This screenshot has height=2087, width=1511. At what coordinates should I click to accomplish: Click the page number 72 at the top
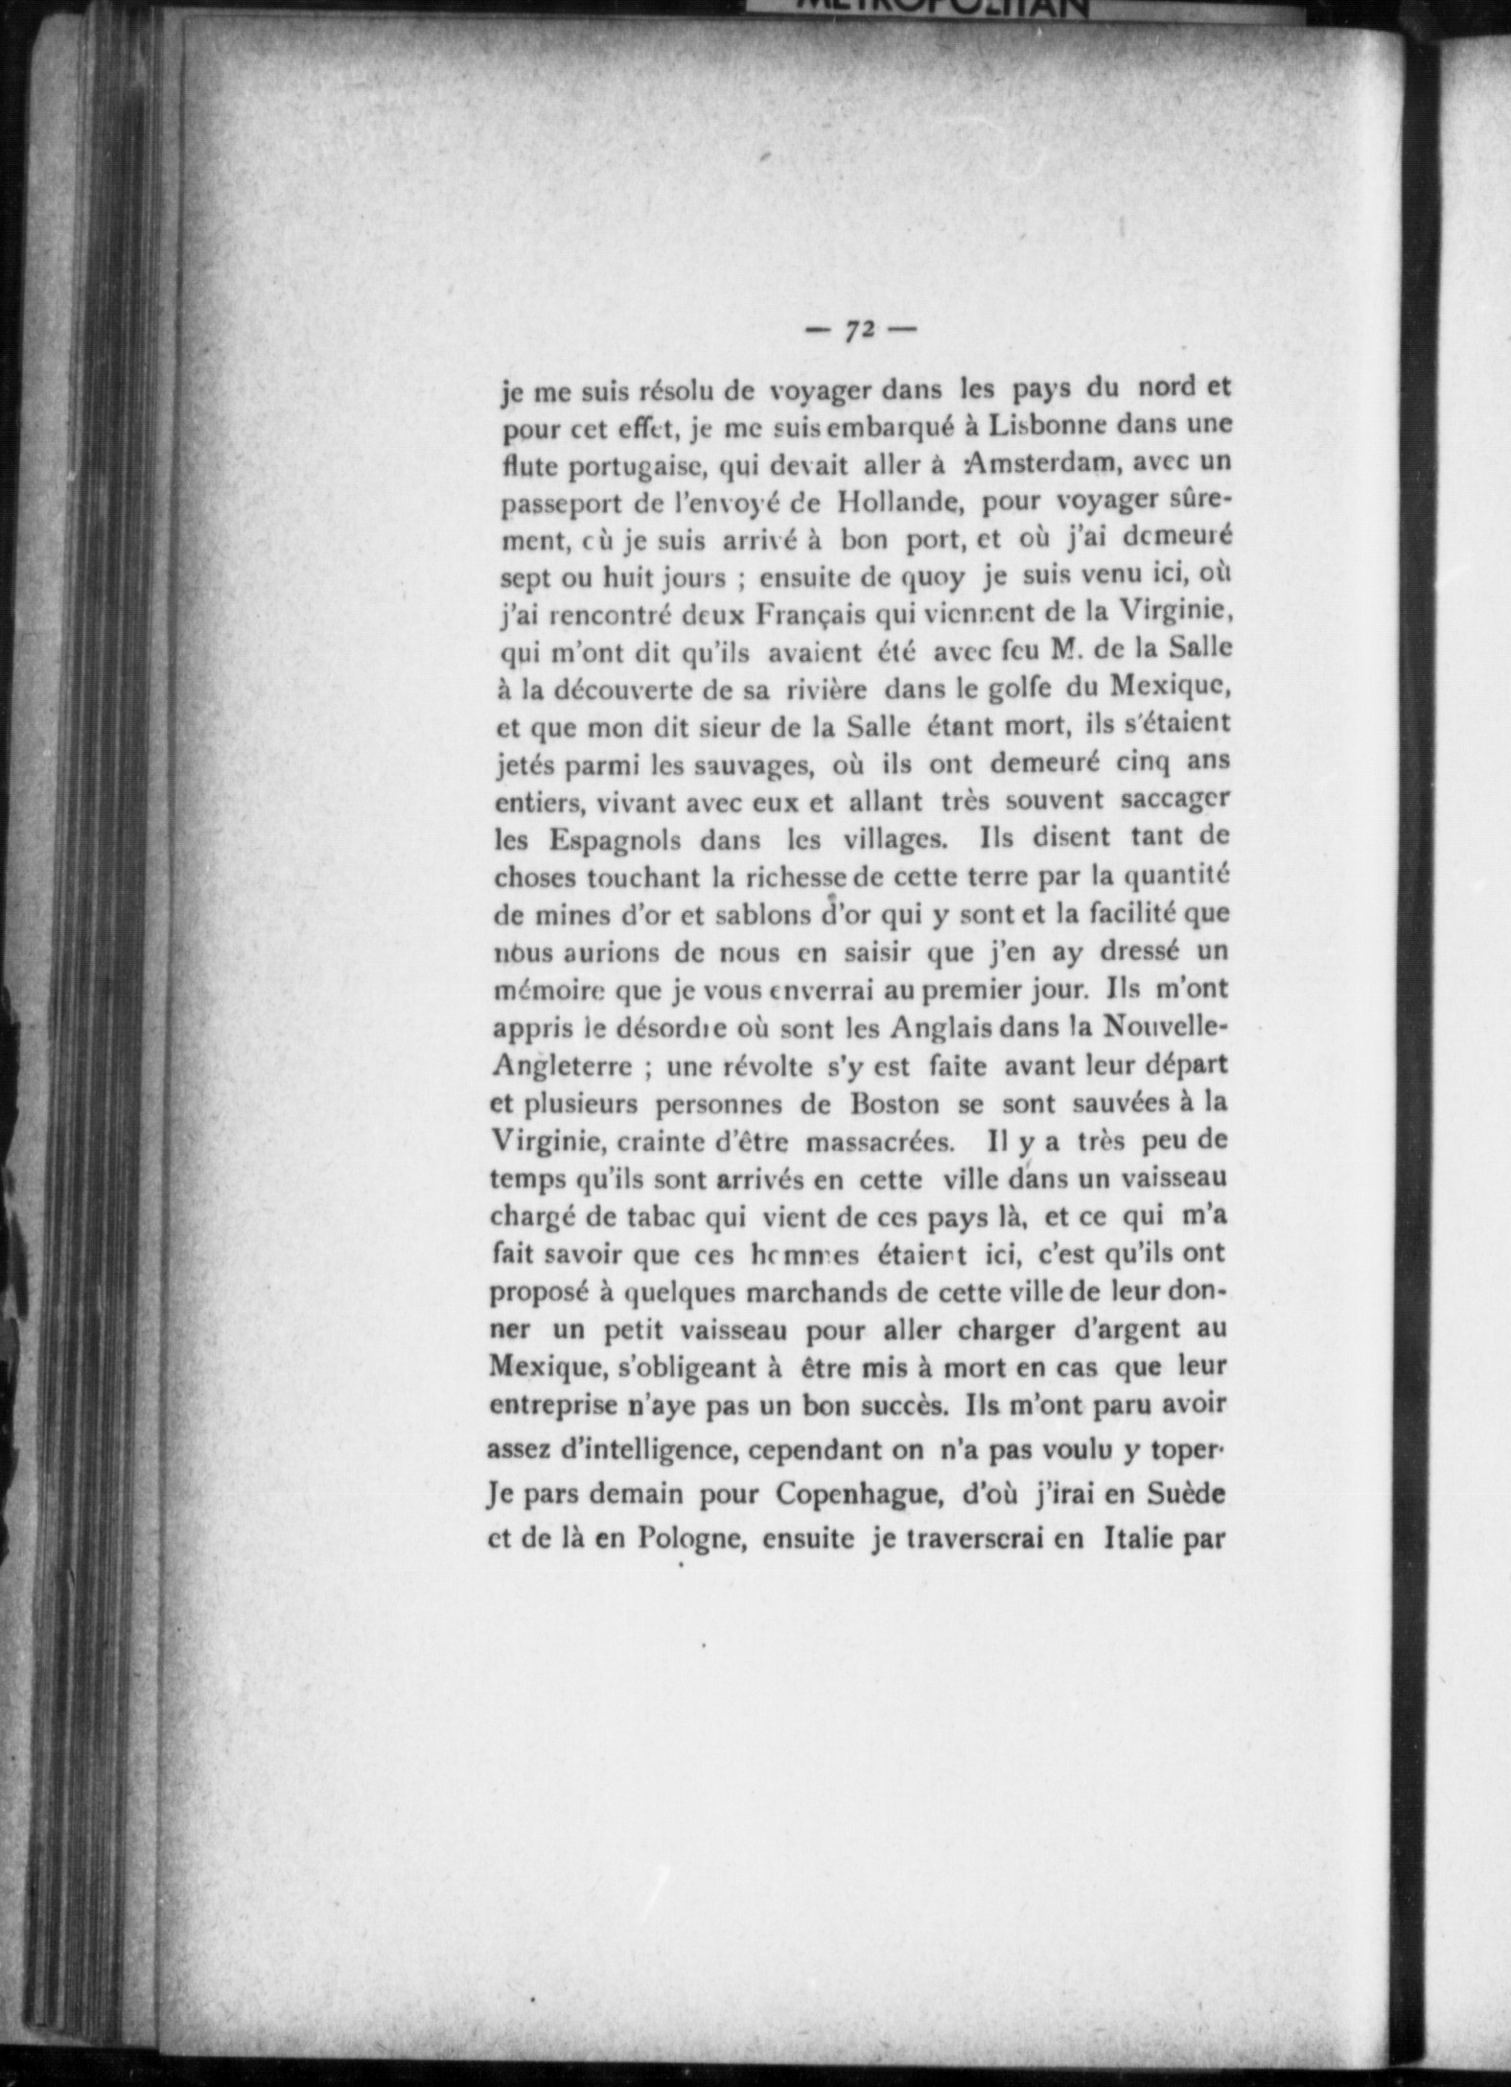click(860, 329)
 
